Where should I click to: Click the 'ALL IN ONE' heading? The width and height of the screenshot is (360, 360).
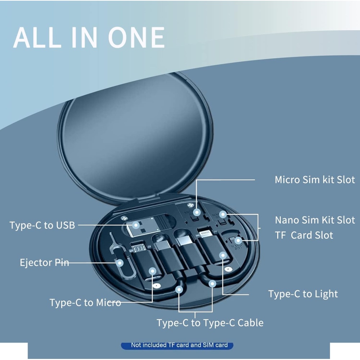coord(89,37)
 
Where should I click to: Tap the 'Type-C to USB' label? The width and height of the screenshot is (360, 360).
coord(42,225)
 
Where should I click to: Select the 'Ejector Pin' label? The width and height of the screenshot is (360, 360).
coord(44,262)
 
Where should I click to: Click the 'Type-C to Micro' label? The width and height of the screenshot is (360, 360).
coord(85,303)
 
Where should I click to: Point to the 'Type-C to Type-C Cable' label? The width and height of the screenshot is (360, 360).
coord(210,323)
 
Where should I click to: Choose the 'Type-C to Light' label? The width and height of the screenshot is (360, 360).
coord(303,294)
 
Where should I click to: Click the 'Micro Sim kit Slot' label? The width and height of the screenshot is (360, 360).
coord(315,180)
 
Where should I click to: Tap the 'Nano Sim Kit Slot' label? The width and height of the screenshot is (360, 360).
coord(315,220)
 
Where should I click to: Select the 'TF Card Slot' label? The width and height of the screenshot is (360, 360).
coord(304,235)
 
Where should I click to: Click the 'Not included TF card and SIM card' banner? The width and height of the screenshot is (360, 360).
coord(177,345)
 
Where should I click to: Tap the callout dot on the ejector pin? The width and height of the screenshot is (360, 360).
coord(120,263)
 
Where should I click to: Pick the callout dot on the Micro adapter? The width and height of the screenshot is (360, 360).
coord(152,271)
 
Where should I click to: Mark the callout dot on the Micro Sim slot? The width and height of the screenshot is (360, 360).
coord(197,213)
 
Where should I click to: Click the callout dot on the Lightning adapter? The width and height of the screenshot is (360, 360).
coord(223,255)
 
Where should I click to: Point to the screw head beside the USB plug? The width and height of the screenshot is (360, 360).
coord(124,218)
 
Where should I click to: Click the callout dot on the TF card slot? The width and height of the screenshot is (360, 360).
coord(238,240)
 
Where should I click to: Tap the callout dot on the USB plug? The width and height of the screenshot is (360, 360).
coord(136,225)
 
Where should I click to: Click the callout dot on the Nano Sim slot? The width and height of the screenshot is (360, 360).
coord(222,215)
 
